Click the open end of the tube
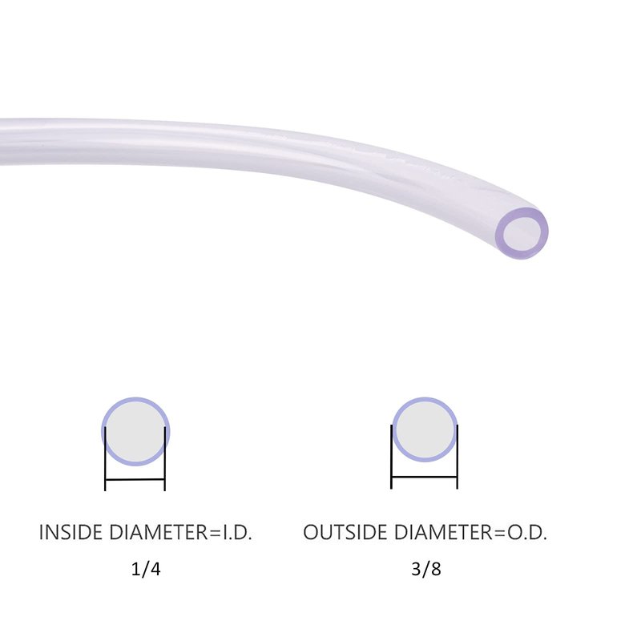point(522,233)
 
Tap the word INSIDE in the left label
point(71,532)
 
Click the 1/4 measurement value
point(146,569)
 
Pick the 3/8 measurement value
point(426,569)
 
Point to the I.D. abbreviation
point(236,532)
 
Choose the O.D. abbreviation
point(527,532)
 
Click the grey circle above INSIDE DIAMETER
point(135,431)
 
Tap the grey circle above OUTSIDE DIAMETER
point(425,429)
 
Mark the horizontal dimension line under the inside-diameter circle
point(135,479)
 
